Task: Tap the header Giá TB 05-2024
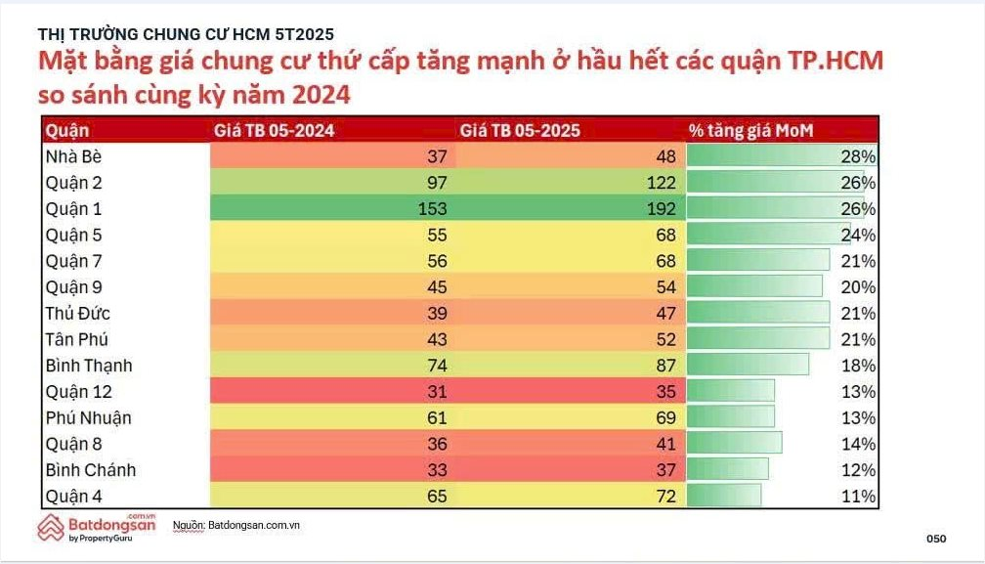tap(275, 130)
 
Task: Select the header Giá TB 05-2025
tap(519, 130)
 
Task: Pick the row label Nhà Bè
tap(73, 156)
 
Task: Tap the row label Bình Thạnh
tap(89, 366)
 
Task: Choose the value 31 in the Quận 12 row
tap(436, 392)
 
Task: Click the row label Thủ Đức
tap(77, 314)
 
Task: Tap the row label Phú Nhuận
tap(89, 418)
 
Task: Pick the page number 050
tap(936, 539)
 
